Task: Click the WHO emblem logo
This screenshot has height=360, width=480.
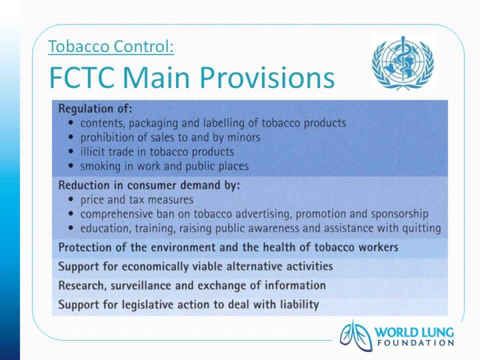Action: coord(403,63)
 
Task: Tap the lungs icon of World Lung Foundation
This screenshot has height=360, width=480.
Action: coord(356,336)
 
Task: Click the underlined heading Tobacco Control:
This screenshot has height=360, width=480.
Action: coord(111,47)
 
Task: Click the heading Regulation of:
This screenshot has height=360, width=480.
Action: coord(95,109)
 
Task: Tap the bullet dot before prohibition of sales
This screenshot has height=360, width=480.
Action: coord(71,137)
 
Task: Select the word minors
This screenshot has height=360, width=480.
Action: coord(244,137)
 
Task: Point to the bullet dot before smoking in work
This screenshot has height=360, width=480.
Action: coord(71,166)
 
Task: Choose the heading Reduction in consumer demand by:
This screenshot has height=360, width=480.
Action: coord(149,185)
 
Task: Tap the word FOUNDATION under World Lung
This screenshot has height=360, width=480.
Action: coord(415,343)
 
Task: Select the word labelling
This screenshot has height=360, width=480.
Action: coord(224,123)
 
